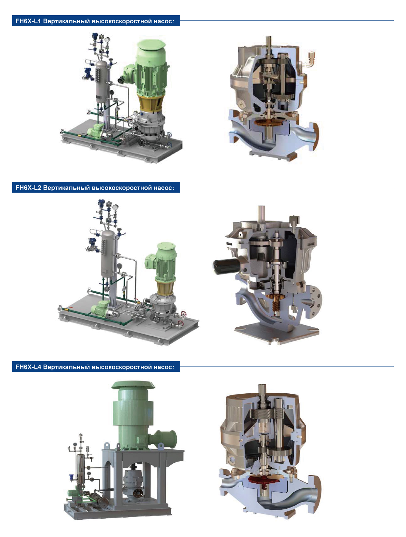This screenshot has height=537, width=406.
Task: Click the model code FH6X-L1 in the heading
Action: tap(28, 21)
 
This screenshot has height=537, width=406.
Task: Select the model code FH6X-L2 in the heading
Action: tap(28, 188)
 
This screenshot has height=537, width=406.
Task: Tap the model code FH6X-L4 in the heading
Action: tap(28, 367)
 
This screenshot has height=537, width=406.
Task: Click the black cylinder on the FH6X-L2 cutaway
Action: tap(225, 266)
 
